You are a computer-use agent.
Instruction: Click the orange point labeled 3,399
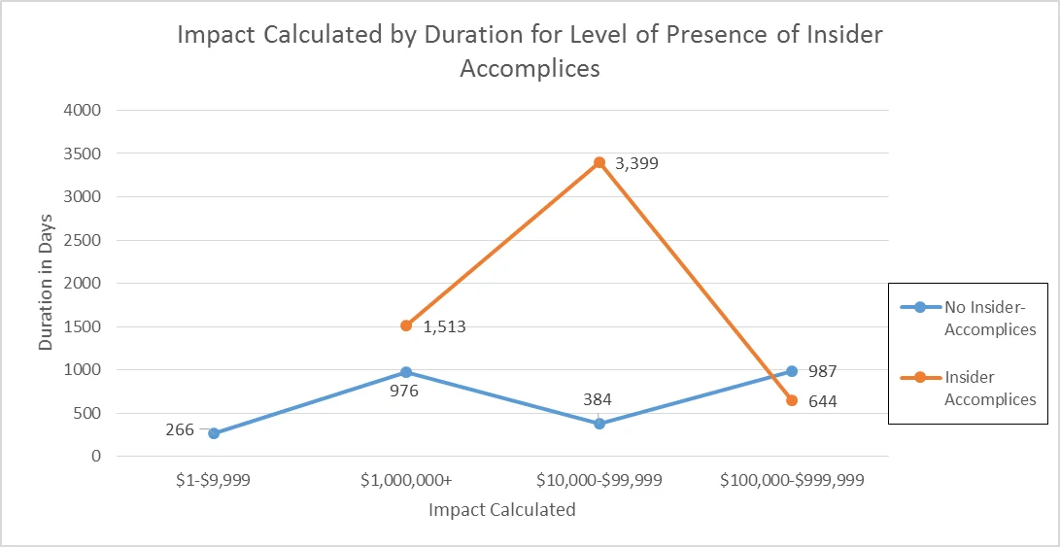pos(599,162)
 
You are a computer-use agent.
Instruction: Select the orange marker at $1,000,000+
pos(406,325)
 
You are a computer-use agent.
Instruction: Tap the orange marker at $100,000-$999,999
pos(792,400)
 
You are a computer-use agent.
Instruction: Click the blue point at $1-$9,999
pos(214,433)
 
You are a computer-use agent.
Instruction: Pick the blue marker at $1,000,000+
pos(406,372)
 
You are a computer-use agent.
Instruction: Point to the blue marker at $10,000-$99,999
pos(599,424)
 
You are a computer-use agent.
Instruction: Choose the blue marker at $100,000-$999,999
pos(792,371)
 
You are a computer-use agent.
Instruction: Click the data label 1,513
pos(444,327)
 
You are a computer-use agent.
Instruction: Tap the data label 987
pos(821,371)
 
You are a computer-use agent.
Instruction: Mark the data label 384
pos(597,399)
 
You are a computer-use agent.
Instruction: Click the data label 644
pos(821,400)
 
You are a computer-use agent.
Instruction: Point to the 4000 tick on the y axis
pos(83,110)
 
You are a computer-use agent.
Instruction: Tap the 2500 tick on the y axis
pos(83,240)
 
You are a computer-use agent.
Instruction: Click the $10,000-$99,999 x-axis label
pos(599,480)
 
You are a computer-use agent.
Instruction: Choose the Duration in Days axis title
pos(46,283)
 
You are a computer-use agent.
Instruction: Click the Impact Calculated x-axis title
pos(502,510)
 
